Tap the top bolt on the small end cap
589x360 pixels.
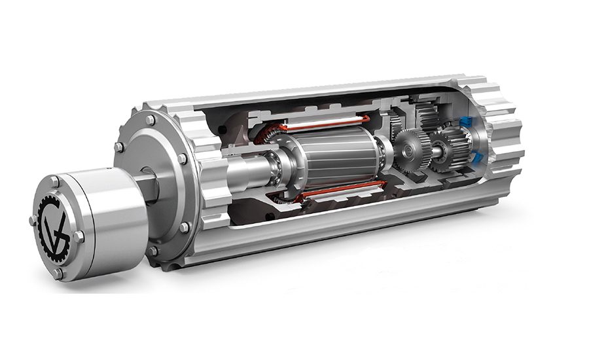(x=55, y=179)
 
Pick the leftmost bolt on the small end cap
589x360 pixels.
(x=33, y=221)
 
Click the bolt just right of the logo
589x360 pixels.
(x=78, y=236)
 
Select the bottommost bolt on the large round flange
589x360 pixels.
(x=153, y=250)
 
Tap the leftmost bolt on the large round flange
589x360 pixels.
(x=120, y=147)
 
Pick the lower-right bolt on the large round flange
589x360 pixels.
(x=185, y=227)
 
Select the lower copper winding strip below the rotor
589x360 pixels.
(x=334, y=192)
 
